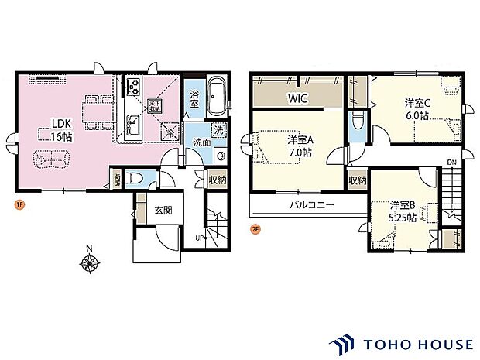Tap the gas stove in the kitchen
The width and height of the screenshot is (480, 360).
[x=132, y=87]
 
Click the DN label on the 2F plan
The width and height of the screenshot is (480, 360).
[x=451, y=162]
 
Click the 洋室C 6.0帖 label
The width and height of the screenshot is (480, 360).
[x=416, y=108]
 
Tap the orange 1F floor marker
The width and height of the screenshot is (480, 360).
[x=17, y=204]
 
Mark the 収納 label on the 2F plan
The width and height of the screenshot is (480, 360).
[x=357, y=181]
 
